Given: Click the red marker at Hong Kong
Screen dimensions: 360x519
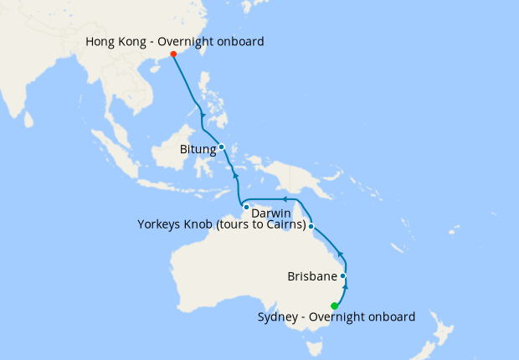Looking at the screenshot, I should click(x=173, y=54).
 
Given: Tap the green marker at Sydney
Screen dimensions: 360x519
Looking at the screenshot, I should click(x=335, y=306).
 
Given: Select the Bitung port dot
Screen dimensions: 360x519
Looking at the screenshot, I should click(x=222, y=147).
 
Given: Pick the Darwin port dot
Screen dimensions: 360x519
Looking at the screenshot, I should click(x=246, y=206).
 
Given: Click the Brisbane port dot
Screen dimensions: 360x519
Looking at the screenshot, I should click(x=343, y=275).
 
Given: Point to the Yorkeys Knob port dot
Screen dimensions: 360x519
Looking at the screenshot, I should click(x=311, y=226).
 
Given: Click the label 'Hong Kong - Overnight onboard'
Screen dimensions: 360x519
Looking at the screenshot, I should click(x=175, y=41).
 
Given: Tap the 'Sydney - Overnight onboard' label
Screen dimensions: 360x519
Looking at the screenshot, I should click(x=337, y=316).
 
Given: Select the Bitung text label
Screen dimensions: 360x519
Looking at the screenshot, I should click(x=198, y=150).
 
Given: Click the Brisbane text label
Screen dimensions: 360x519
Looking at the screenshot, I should click(x=311, y=275).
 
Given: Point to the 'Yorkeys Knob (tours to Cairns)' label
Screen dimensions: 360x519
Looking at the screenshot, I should click(x=221, y=224).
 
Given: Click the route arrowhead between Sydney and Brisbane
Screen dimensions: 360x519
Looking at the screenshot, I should click(x=345, y=286).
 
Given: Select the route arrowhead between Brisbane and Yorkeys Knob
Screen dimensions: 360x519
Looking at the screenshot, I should click(x=339, y=254).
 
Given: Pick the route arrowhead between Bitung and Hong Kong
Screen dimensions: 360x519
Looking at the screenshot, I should click(x=203, y=114).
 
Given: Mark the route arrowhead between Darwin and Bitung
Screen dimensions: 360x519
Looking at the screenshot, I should click(x=236, y=177).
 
